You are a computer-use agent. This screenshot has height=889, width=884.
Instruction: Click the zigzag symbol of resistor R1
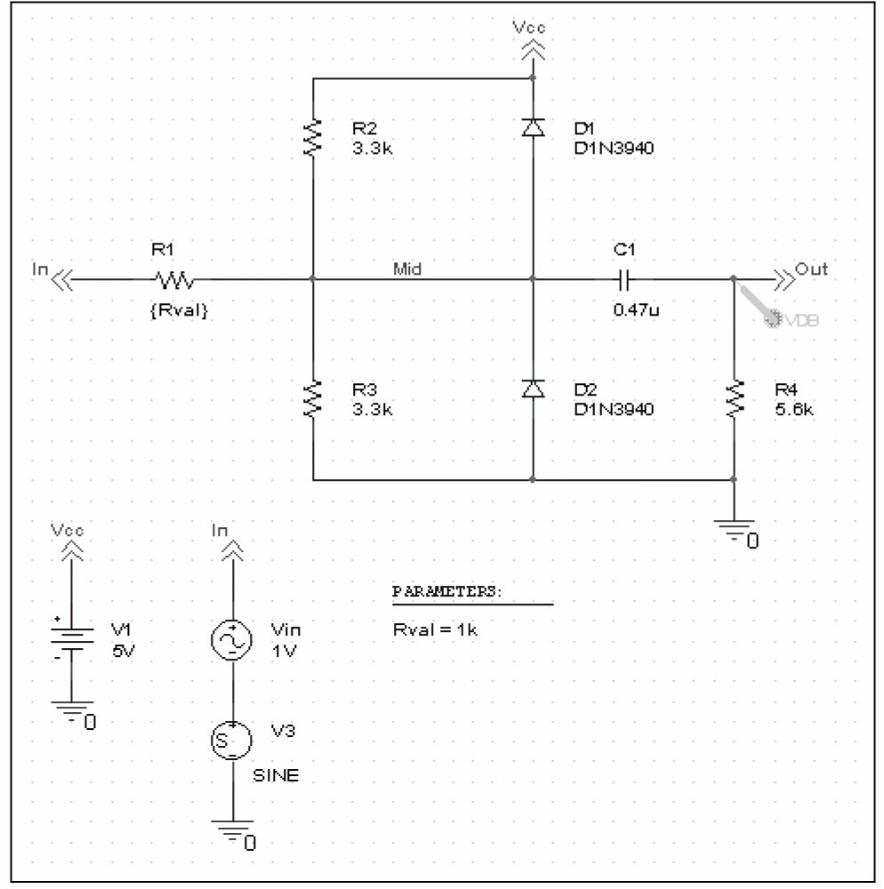click(174, 279)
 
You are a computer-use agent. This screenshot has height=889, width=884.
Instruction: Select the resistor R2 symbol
click(312, 138)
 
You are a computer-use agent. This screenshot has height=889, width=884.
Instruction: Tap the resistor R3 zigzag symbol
click(312, 399)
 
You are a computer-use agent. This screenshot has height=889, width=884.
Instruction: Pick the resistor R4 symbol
click(735, 399)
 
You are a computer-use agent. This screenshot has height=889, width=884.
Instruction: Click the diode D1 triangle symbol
click(533, 127)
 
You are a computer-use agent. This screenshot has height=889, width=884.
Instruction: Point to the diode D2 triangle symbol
click(533, 389)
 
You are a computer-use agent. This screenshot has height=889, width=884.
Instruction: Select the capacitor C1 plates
click(624, 279)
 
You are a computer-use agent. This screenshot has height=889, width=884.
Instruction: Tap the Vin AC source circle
click(232, 640)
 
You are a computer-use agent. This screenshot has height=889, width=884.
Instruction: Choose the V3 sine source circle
click(232, 740)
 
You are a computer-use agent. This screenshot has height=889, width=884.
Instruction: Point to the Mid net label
click(407, 268)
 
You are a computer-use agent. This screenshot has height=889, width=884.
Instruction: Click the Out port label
click(811, 268)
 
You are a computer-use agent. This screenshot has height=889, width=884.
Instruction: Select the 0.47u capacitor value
click(636, 309)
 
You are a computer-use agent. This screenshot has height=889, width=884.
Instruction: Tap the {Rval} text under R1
click(179, 310)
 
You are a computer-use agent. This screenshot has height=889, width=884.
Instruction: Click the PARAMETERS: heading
click(447, 591)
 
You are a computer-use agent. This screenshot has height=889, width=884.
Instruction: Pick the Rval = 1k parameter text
click(435, 629)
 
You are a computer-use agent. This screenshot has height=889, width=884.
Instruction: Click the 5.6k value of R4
click(794, 409)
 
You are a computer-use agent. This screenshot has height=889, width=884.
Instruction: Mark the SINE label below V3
click(276, 775)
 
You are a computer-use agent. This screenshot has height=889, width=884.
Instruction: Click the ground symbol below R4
click(735, 530)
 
